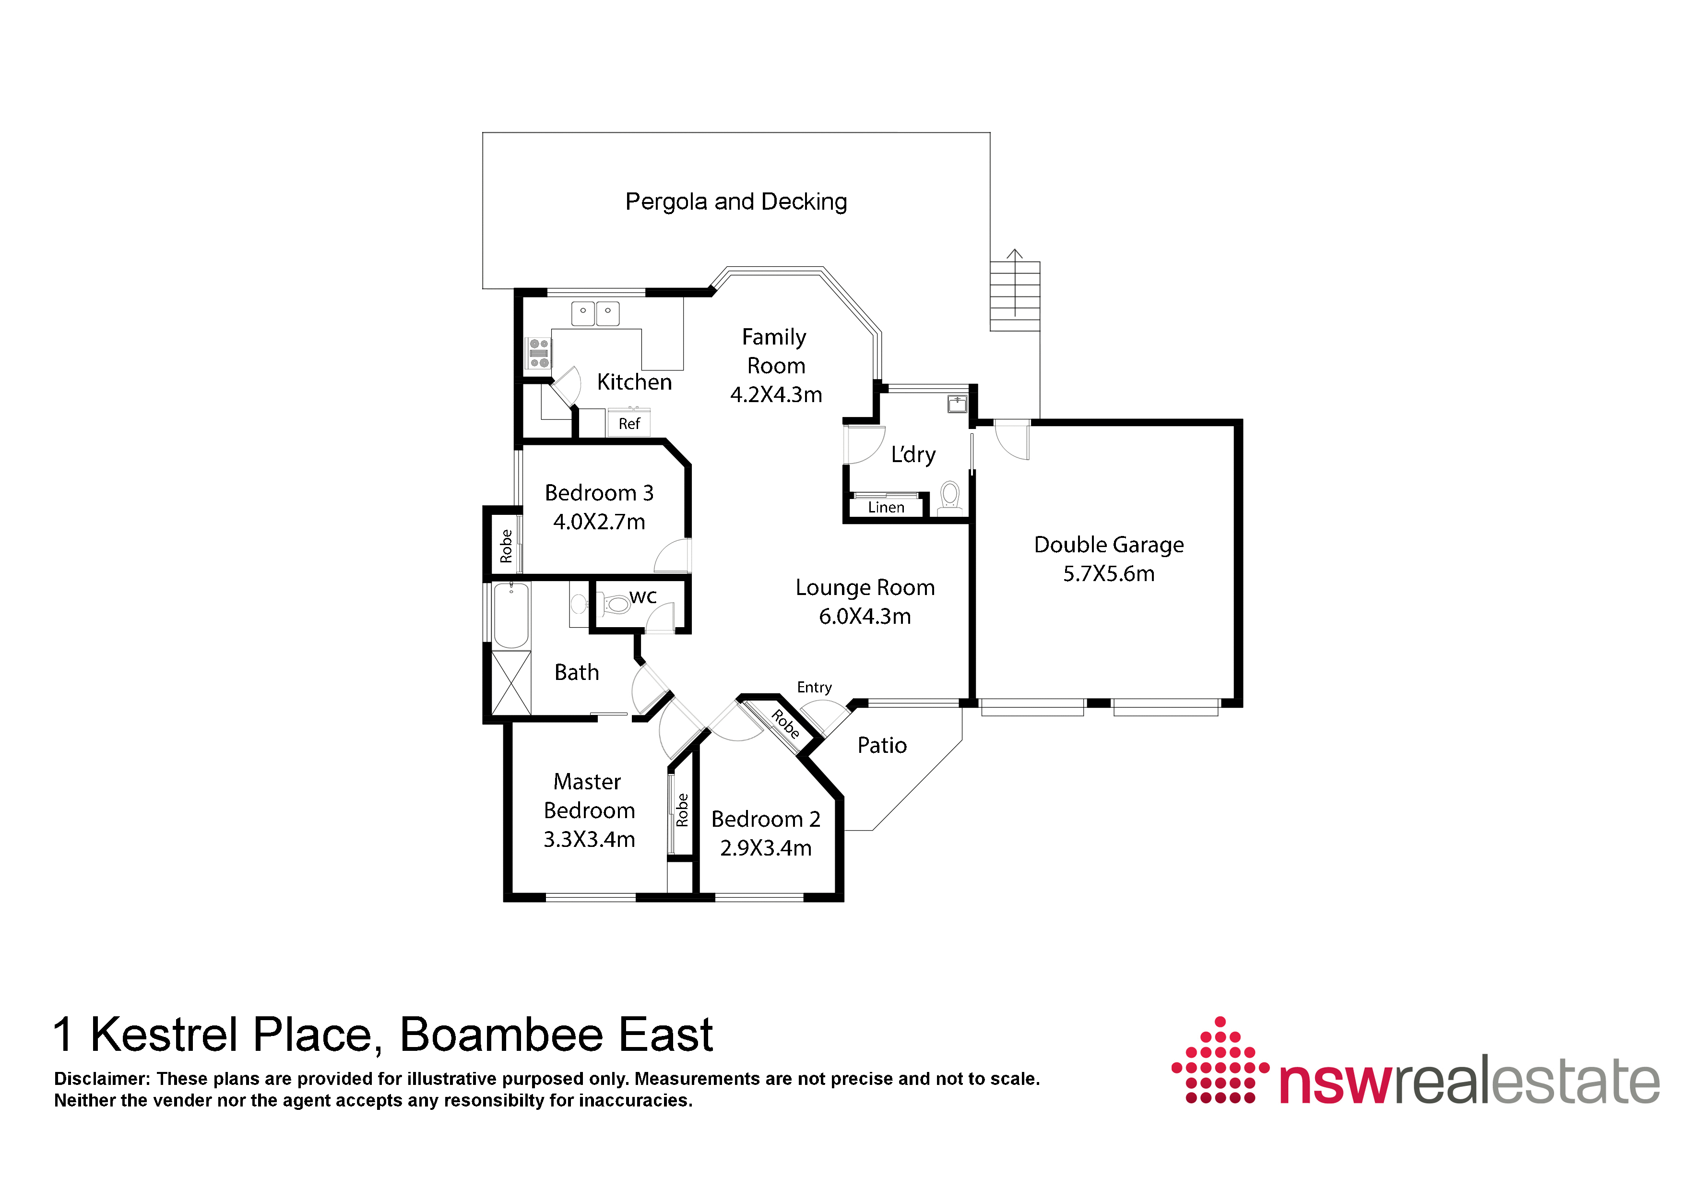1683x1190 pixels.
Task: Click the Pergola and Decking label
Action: pos(736,202)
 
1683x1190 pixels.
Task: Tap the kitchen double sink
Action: pos(595,313)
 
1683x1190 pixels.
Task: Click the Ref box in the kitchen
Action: pos(629,423)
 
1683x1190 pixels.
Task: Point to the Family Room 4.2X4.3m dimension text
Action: pos(776,394)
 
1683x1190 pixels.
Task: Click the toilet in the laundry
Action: pos(950,496)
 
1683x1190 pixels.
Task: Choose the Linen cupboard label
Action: pos(886,507)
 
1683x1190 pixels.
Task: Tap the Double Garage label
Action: pos(1109,545)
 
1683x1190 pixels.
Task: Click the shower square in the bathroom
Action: pos(511,683)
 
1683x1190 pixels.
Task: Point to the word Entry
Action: pos(814,688)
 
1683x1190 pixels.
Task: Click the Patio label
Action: pos(883,746)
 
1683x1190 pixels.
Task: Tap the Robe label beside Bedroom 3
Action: pos(506,546)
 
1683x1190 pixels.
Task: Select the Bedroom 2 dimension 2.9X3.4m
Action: pos(766,848)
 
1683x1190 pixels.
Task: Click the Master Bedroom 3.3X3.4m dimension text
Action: pos(589,840)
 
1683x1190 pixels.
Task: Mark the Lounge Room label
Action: pos(865,587)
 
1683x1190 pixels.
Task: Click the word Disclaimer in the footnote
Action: pos(101,1079)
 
